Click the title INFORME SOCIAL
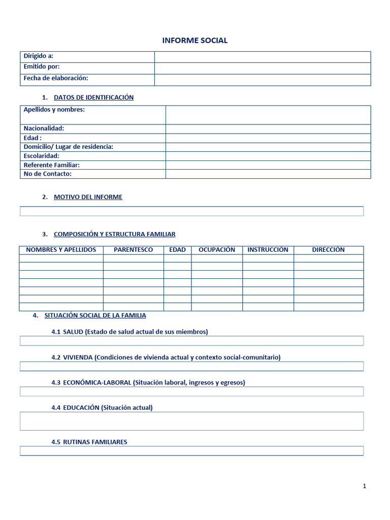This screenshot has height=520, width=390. point(194,41)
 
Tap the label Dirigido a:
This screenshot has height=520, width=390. point(39,56)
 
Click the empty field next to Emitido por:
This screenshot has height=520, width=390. point(263,68)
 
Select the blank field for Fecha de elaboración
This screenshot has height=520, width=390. point(263,80)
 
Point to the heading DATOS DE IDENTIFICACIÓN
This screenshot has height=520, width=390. point(93,97)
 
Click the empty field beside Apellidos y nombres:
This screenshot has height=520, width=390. point(268,115)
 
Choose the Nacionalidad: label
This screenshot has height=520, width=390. point(44,128)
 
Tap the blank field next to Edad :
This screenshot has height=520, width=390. point(268,138)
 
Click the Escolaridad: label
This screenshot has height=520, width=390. point(42,156)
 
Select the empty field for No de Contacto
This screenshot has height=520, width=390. point(268,174)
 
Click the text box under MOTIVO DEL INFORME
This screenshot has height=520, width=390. point(191,211)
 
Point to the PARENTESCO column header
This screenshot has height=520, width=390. point(133,250)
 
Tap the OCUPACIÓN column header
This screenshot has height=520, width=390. point(217,250)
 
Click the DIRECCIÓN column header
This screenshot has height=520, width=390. point(328,250)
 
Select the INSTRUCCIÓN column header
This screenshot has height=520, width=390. point(268,250)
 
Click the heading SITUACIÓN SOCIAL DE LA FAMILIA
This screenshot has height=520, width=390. point(95,315)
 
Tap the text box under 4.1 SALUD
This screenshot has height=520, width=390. point(191,341)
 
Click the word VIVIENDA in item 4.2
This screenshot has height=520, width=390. point(78,357)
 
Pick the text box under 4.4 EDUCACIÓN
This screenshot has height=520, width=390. point(191,421)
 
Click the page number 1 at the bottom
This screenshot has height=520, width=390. point(364,486)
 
